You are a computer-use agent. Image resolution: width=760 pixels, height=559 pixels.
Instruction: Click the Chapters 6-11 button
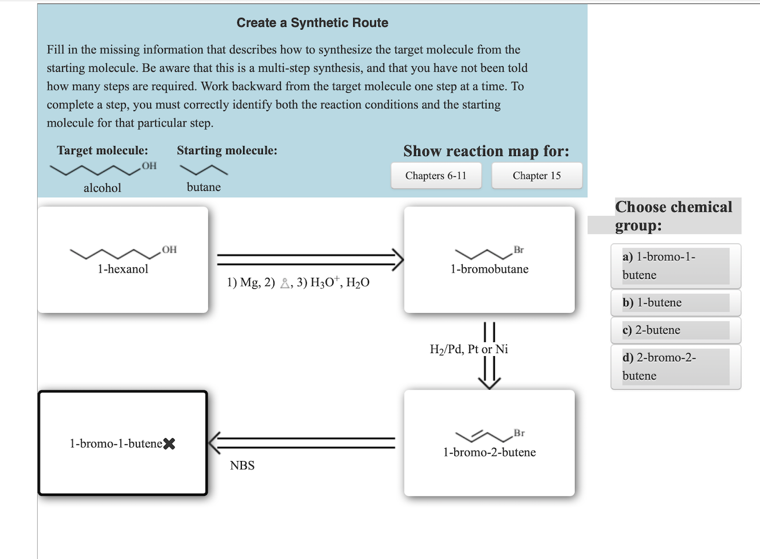436,176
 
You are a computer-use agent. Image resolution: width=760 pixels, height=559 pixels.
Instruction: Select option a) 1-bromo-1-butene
675,266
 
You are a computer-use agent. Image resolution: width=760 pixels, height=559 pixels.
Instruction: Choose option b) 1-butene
675,303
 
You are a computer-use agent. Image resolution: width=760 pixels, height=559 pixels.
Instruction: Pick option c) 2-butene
675,330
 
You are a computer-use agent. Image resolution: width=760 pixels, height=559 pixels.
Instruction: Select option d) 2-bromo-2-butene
675,366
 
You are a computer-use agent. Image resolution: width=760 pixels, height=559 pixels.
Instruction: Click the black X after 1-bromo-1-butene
169,444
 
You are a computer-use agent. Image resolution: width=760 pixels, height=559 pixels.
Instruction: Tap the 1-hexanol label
122,269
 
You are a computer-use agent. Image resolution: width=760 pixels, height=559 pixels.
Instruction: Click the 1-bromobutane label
489,269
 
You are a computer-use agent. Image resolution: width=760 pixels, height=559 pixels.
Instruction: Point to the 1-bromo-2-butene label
489,452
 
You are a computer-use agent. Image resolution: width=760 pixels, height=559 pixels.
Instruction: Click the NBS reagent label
242,466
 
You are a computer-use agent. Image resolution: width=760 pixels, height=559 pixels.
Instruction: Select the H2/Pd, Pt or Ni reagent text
469,349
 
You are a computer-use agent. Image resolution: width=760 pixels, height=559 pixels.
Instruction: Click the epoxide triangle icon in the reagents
285,284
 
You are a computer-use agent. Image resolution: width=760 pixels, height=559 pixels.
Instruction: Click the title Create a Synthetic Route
312,23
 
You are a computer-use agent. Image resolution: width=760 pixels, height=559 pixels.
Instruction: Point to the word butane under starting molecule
204,187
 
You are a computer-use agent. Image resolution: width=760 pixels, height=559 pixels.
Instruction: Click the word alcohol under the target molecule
102,188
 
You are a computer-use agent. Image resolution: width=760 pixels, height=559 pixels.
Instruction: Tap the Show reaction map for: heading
486,151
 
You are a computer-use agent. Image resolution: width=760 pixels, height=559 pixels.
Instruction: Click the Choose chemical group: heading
673,216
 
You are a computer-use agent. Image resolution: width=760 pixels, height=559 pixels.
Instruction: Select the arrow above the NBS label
302,444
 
